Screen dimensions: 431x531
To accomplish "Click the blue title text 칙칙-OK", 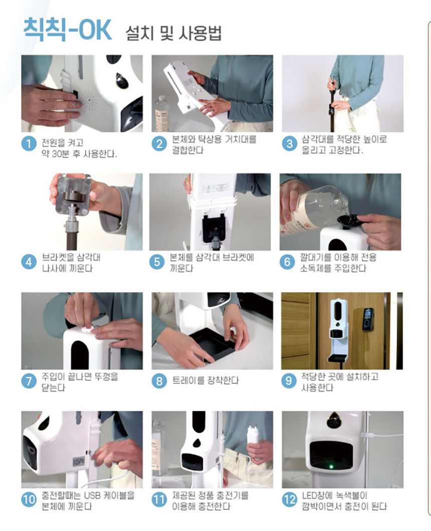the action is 67,30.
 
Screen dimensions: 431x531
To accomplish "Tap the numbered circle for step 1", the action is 29,144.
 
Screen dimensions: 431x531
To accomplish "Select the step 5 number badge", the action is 157,262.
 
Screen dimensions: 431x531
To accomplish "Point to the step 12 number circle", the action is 289,499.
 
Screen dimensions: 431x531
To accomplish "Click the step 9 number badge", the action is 288,381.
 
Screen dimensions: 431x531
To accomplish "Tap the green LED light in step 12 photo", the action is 331,467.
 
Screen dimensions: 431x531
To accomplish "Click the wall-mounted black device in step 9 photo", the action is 368,319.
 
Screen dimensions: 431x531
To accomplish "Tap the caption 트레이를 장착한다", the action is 205,380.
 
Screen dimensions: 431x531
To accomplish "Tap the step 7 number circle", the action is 29,381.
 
